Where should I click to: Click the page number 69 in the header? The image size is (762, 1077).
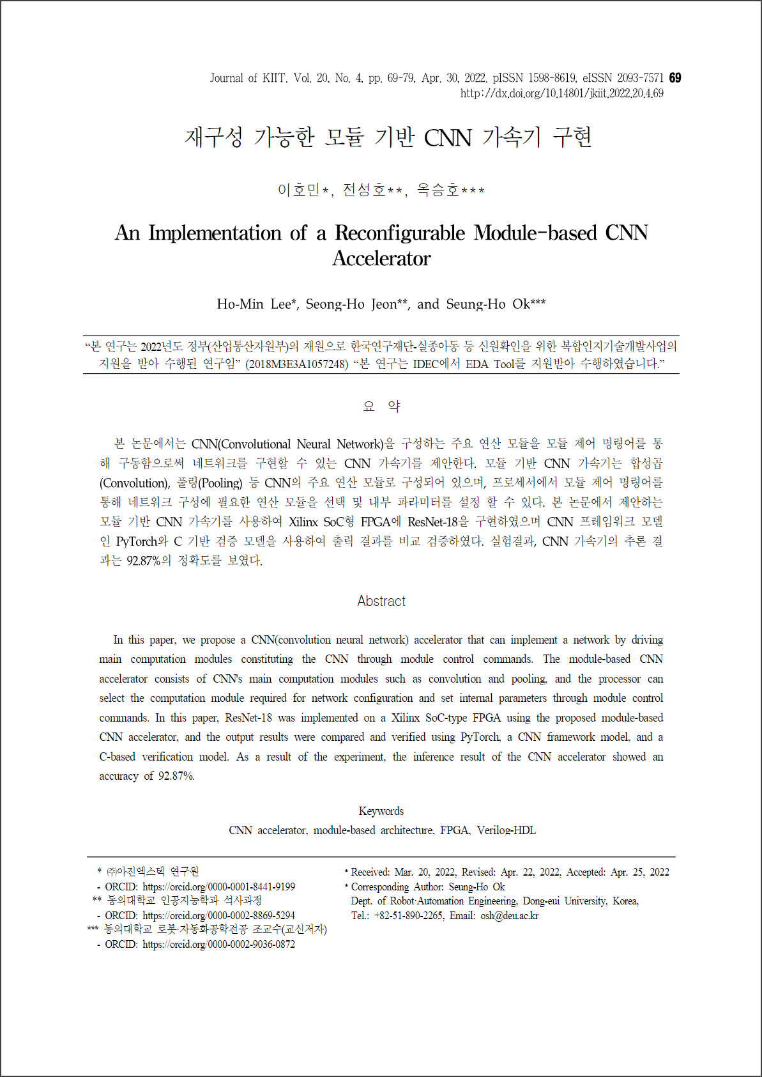coord(675,78)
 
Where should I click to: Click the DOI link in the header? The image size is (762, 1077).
coord(561,93)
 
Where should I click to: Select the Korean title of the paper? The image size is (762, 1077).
coord(388,137)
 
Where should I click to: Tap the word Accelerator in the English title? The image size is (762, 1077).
coord(381,258)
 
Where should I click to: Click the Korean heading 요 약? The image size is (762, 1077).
coord(381,407)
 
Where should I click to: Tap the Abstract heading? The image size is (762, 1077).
coord(381,601)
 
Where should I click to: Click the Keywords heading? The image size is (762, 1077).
coord(381,811)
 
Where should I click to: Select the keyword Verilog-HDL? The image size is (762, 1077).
coord(506,830)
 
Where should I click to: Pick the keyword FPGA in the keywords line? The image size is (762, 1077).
coord(455,830)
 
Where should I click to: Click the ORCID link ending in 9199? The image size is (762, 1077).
coord(218,887)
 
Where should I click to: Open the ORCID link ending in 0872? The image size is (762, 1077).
coord(218,945)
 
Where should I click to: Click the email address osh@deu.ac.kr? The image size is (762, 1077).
coord(509,916)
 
